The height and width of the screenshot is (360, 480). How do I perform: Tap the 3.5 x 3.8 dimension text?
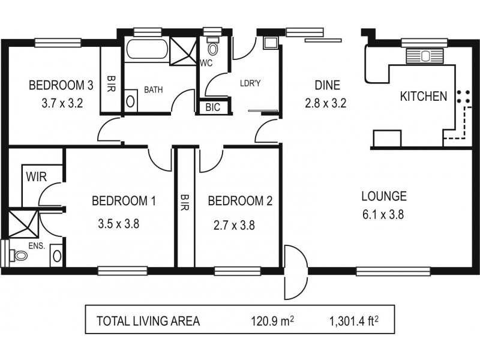point(119,224)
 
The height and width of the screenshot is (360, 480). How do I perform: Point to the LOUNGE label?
point(384,196)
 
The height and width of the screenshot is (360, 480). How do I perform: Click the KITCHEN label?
point(423,96)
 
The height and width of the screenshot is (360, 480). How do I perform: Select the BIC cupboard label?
point(212,107)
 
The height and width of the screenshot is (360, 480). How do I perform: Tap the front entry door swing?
point(294,273)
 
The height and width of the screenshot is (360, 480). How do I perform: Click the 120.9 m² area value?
point(272,321)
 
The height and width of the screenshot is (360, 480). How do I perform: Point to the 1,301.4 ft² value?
point(354,321)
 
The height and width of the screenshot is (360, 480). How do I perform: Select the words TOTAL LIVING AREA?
point(148,321)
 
